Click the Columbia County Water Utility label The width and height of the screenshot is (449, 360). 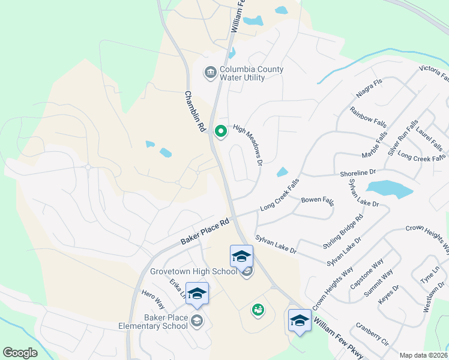[x=252, y=73]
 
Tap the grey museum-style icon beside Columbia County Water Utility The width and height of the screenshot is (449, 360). [x=210, y=73]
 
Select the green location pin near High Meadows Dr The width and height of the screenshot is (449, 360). [x=221, y=131]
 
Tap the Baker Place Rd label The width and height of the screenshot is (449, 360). [x=205, y=231]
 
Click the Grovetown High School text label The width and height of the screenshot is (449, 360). [x=194, y=272]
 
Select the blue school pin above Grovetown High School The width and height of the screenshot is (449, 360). [x=241, y=256]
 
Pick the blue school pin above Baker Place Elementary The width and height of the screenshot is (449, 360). [x=196, y=293]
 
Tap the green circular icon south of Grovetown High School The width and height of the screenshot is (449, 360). [x=258, y=310]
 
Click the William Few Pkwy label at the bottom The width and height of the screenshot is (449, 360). [x=337, y=339]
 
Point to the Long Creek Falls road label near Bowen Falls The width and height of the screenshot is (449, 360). [x=279, y=199]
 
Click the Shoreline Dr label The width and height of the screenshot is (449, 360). [x=357, y=173]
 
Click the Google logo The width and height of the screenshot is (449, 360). [x=20, y=353]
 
